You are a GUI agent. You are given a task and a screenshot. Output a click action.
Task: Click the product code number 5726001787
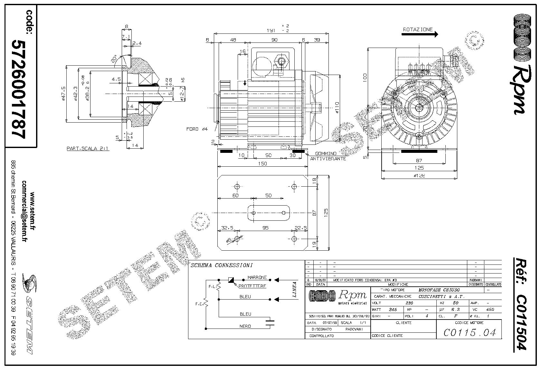pos(18,89)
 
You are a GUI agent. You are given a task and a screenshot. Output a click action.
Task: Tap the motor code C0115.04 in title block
pos(470,332)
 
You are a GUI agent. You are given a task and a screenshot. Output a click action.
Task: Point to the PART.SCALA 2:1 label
pos(88,149)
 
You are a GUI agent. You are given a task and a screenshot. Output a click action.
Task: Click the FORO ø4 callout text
pos(197,129)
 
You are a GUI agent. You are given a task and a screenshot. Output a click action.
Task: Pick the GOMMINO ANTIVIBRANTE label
pos(328,156)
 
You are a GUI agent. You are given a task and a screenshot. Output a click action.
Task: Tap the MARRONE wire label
pos(257,277)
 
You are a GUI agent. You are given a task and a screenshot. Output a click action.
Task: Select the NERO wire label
pos(245,326)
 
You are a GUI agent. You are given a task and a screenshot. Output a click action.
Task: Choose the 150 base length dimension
pos(262,164)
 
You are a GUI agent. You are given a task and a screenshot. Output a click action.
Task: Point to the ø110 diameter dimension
pos(337,108)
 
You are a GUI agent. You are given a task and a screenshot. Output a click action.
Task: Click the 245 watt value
pos(393,310)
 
